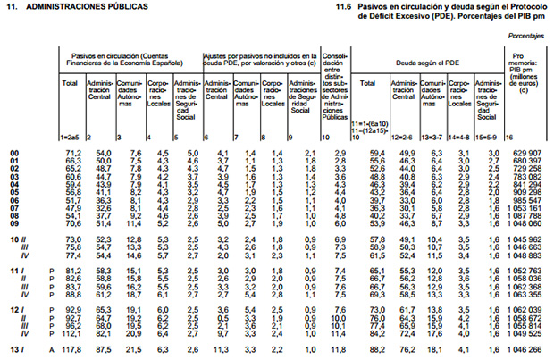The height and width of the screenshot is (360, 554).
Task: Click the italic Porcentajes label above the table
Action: pos(527,37)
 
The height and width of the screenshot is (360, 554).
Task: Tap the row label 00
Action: pos(13,154)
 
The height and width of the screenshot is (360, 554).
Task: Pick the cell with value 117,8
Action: pos(71,348)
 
